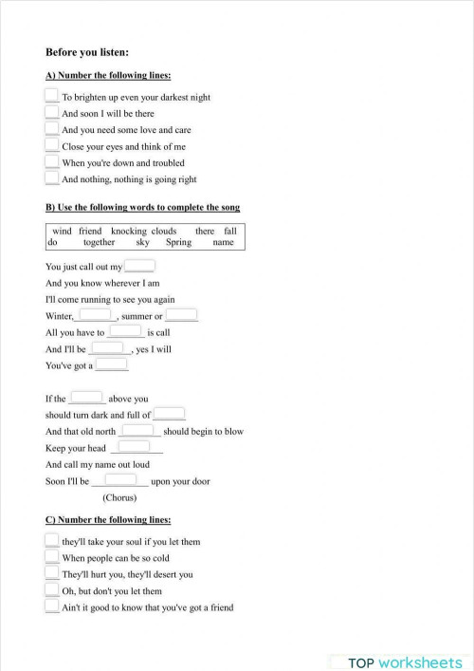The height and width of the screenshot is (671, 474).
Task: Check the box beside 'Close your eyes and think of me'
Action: [x=52, y=145]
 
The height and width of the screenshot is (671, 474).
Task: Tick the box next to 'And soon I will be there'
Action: [x=52, y=112]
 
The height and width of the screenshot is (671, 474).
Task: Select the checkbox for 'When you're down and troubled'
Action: [x=52, y=161]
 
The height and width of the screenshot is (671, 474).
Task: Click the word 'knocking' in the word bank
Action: [x=128, y=231]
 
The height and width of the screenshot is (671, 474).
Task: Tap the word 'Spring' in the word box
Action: [x=178, y=242]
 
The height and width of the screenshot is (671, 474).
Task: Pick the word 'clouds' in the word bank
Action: [x=164, y=231]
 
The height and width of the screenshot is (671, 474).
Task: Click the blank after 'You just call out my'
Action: [x=139, y=267]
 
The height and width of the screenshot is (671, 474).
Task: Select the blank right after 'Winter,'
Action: [x=95, y=315]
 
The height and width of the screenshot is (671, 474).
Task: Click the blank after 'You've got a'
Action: [x=111, y=364]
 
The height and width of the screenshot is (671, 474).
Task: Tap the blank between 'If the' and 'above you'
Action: [x=86, y=398]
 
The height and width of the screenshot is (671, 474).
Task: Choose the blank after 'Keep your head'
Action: [x=134, y=447]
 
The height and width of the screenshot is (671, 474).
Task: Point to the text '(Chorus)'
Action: [x=119, y=497]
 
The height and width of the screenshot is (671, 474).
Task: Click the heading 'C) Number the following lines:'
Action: [x=108, y=519]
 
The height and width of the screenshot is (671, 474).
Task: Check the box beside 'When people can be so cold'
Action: [x=52, y=557]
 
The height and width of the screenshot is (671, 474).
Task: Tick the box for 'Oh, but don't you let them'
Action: [x=52, y=590]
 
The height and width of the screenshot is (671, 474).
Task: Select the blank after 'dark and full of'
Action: [x=169, y=414]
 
